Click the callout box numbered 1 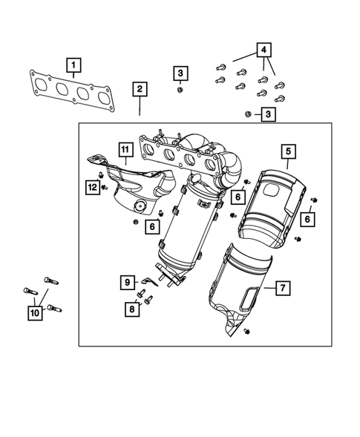[x=74, y=66]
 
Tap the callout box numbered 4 [x=264, y=50]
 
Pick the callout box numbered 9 [x=126, y=282]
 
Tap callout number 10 [x=34, y=314]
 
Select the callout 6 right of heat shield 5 [x=307, y=219]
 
